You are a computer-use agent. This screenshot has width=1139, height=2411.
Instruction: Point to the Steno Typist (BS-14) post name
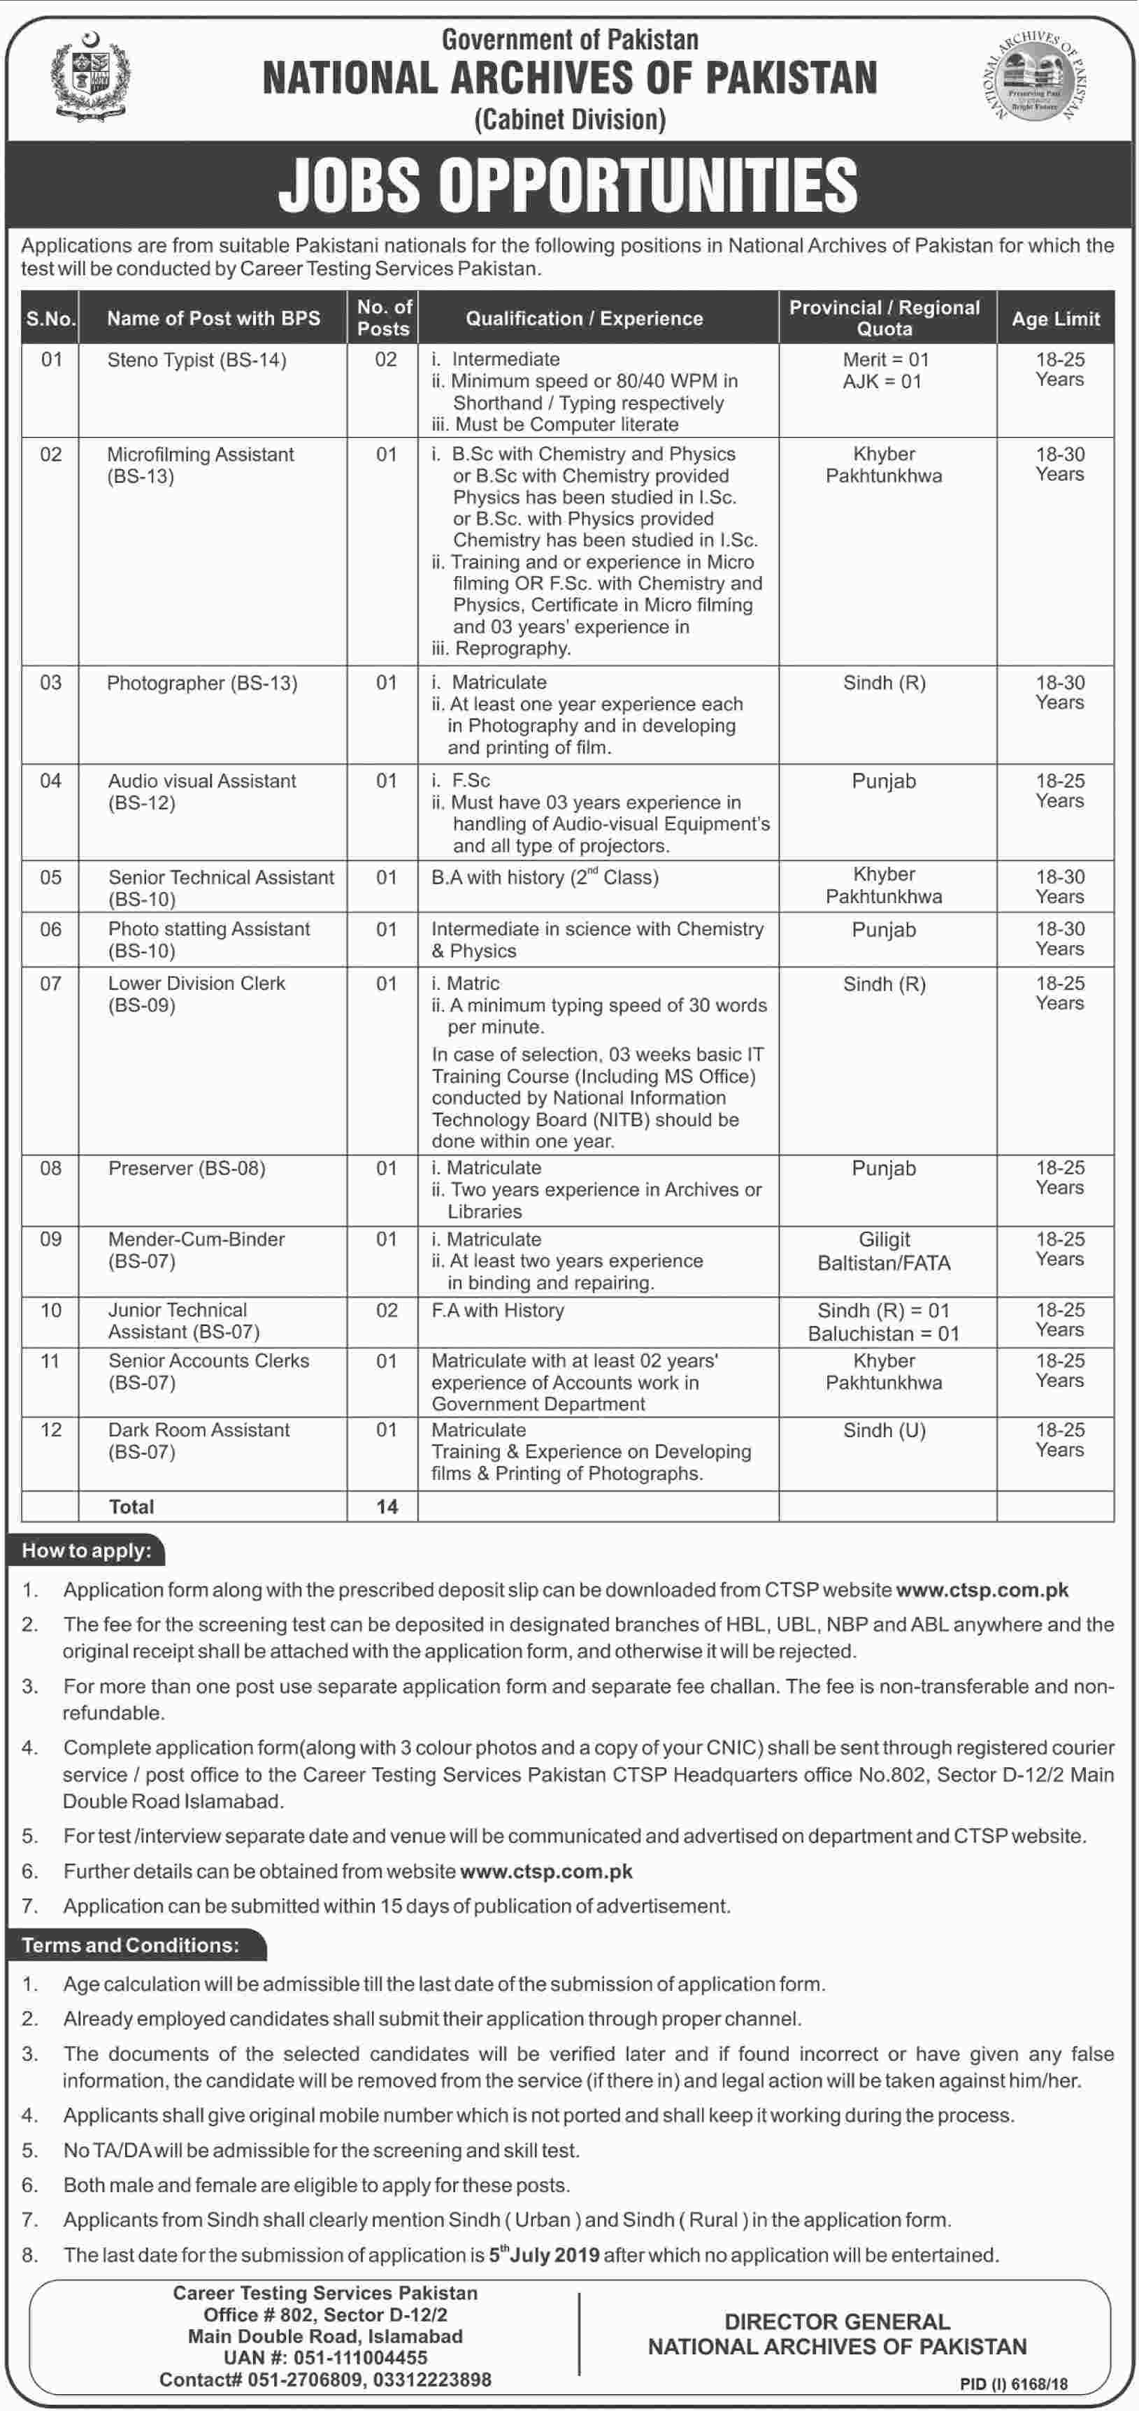pyautogui.click(x=196, y=360)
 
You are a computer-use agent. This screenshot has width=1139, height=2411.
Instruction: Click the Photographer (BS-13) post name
pyautogui.click(x=202, y=683)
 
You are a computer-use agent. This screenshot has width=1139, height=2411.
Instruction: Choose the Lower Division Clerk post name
pyautogui.click(x=196, y=984)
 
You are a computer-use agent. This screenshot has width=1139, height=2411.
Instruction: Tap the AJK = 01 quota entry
pyautogui.click(x=882, y=382)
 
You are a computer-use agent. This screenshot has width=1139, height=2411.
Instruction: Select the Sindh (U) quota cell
pyautogui.click(x=884, y=1430)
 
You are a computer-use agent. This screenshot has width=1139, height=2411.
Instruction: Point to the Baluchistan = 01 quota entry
pyautogui.click(x=884, y=1334)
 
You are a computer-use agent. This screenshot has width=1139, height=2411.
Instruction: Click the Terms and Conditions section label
pyautogui.click(x=130, y=1945)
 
